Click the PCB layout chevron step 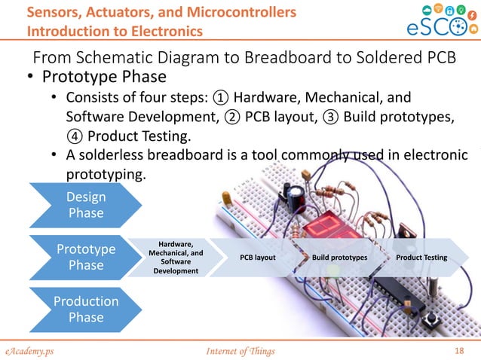pyautogui.click(x=257, y=258)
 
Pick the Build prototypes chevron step pyautogui.click(x=339, y=258)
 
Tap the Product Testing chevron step pyautogui.click(x=421, y=258)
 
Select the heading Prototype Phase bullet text pyautogui.click(x=104, y=78)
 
